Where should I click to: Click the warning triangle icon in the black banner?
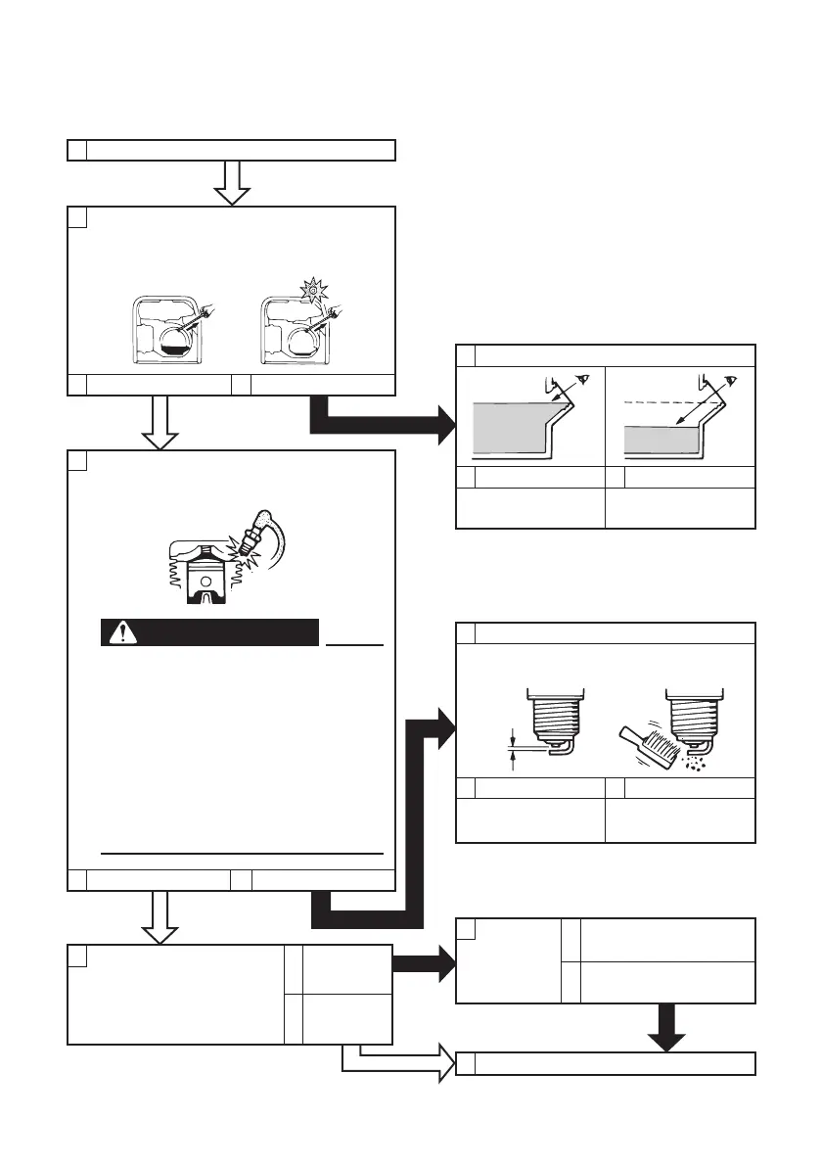pyautogui.click(x=123, y=633)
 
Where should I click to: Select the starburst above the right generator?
pyautogui.click(x=314, y=290)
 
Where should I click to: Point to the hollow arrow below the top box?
pyautogui.click(x=232, y=183)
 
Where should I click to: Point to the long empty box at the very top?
pyautogui.click(x=231, y=150)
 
